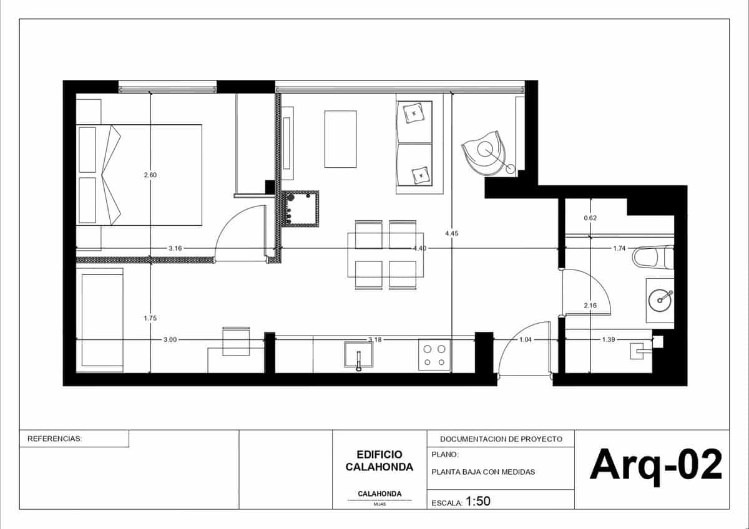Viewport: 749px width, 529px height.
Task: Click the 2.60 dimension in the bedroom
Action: (150, 175)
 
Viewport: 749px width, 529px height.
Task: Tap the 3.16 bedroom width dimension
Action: (175, 248)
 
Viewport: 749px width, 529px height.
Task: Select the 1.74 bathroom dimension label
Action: (619, 248)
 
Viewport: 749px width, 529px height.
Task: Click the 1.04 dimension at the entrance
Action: (526, 339)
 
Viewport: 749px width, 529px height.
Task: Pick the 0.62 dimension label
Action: (590, 218)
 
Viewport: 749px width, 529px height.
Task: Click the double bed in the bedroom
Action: (139, 174)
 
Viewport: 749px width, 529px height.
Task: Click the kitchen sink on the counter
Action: (359, 356)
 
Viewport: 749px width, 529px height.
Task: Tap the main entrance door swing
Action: (523, 349)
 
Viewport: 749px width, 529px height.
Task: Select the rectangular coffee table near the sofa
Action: (340, 138)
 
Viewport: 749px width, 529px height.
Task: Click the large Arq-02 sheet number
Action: (656, 465)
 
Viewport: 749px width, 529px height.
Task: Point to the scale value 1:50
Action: (479, 501)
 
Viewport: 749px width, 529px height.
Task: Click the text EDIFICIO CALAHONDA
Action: (379, 461)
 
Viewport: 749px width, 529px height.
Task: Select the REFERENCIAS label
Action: (55, 439)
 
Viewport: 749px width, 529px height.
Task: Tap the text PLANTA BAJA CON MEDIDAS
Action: (483, 472)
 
